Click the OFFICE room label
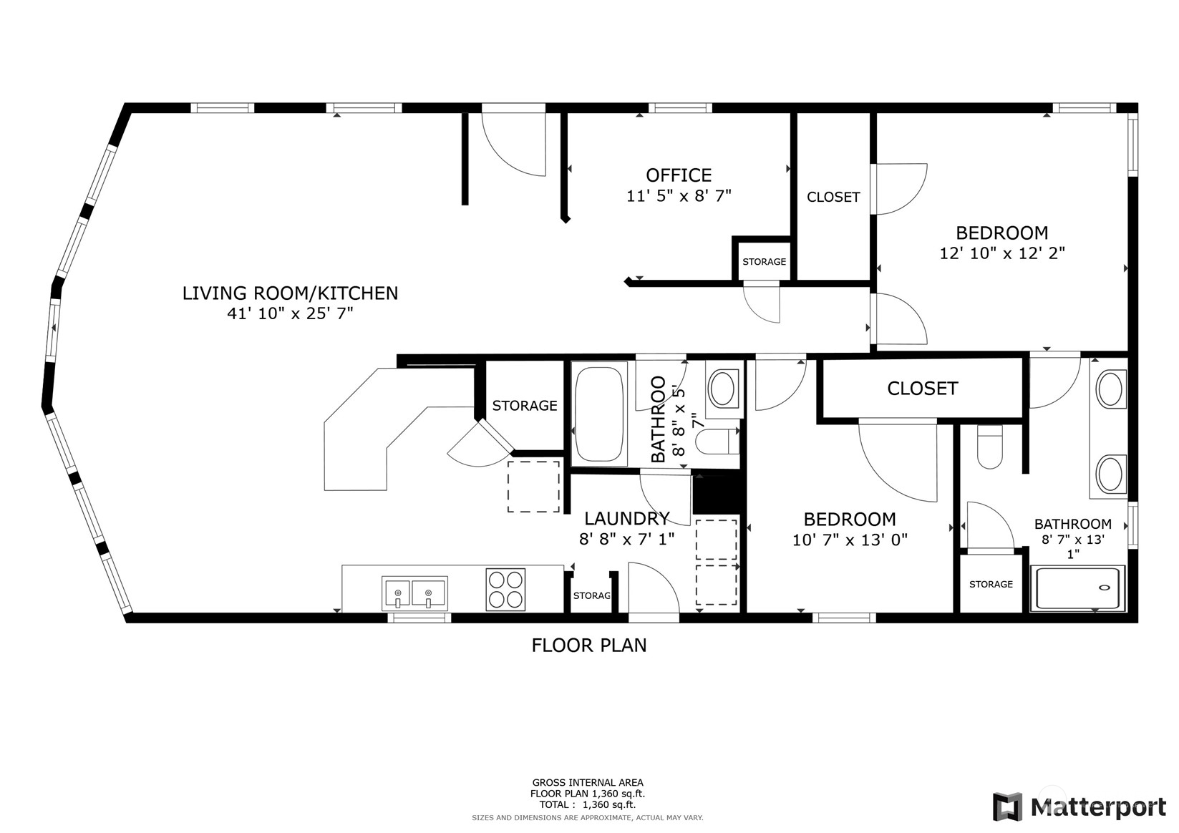(x=678, y=175)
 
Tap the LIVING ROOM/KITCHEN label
(x=290, y=293)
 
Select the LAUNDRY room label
(x=626, y=519)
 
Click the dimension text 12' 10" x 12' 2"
(x=1001, y=253)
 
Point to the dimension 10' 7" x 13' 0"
(x=849, y=540)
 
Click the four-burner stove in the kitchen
(x=505, y=590)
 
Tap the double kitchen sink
(x=414, y=593)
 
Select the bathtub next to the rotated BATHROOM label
(x=599, y=414)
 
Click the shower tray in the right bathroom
(x=1077, y=588)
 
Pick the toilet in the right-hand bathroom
(x=989, y=447)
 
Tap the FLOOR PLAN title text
(x=588, y=646)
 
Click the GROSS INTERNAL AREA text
(x=587, y=783)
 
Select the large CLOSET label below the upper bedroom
(x=922, y=389)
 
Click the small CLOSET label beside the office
(x=833, y=198)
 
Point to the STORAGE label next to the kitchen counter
(x=524, y=406)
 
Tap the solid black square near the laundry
(x=715, y=494)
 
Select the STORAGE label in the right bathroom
(x=991, y=585)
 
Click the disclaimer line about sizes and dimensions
(x=587, y=817)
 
